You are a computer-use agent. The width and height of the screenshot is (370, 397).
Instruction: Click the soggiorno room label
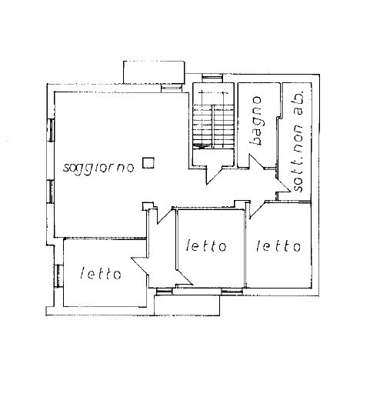100,166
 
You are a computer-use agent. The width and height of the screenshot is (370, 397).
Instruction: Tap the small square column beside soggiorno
152,162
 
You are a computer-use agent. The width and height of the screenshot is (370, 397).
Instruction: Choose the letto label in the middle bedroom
207,246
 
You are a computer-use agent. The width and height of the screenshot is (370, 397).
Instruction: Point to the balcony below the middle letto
188,304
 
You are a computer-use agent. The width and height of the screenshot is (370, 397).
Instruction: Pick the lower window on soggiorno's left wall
51,188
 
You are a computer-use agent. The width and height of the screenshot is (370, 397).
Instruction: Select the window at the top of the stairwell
211,78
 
